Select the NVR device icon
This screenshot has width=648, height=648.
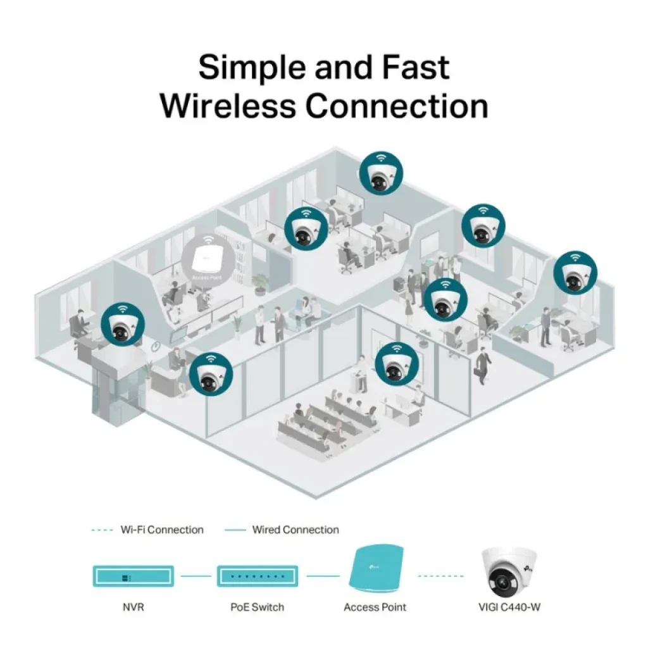pyautogui.click(x=132, y=576)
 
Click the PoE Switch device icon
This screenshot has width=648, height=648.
pyautogui.click(x=257, y=576)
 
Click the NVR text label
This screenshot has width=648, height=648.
pyautogui.click(x=133, y=607)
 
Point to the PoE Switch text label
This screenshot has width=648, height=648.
pyautogui.click(x=257, y=607)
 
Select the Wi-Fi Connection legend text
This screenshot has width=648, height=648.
pyautogui.click(x=162, y=530)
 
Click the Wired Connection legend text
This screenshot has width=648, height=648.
pyautogui.click(x=296, y=530)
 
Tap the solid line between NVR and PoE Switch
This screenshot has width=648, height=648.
pyautogui.click(x=196, y=576)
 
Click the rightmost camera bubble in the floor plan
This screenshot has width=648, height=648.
pyautogui.click(x=575, y=272)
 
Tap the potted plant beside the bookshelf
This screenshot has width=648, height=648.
pyautogui.click(x=259, y=284)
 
